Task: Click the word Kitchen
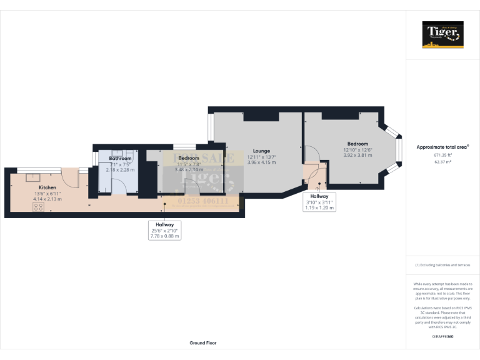click(47, 187)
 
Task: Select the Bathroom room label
click(120, 159)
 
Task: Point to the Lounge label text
click(261, 151)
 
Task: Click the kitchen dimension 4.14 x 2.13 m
click(47, 199)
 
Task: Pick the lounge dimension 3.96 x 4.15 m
click(261, 162)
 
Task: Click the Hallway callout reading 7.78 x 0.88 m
click(165, 236)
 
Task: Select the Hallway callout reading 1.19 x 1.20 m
click(319, 207)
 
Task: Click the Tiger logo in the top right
click(442, 34)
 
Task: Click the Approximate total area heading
click(442, 147)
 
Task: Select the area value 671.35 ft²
click(442, 154)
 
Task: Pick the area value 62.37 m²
click(442, 161)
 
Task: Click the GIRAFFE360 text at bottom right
click(442, 337)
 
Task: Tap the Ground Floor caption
click(203, 343)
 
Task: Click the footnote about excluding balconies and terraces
click(442, 265)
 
